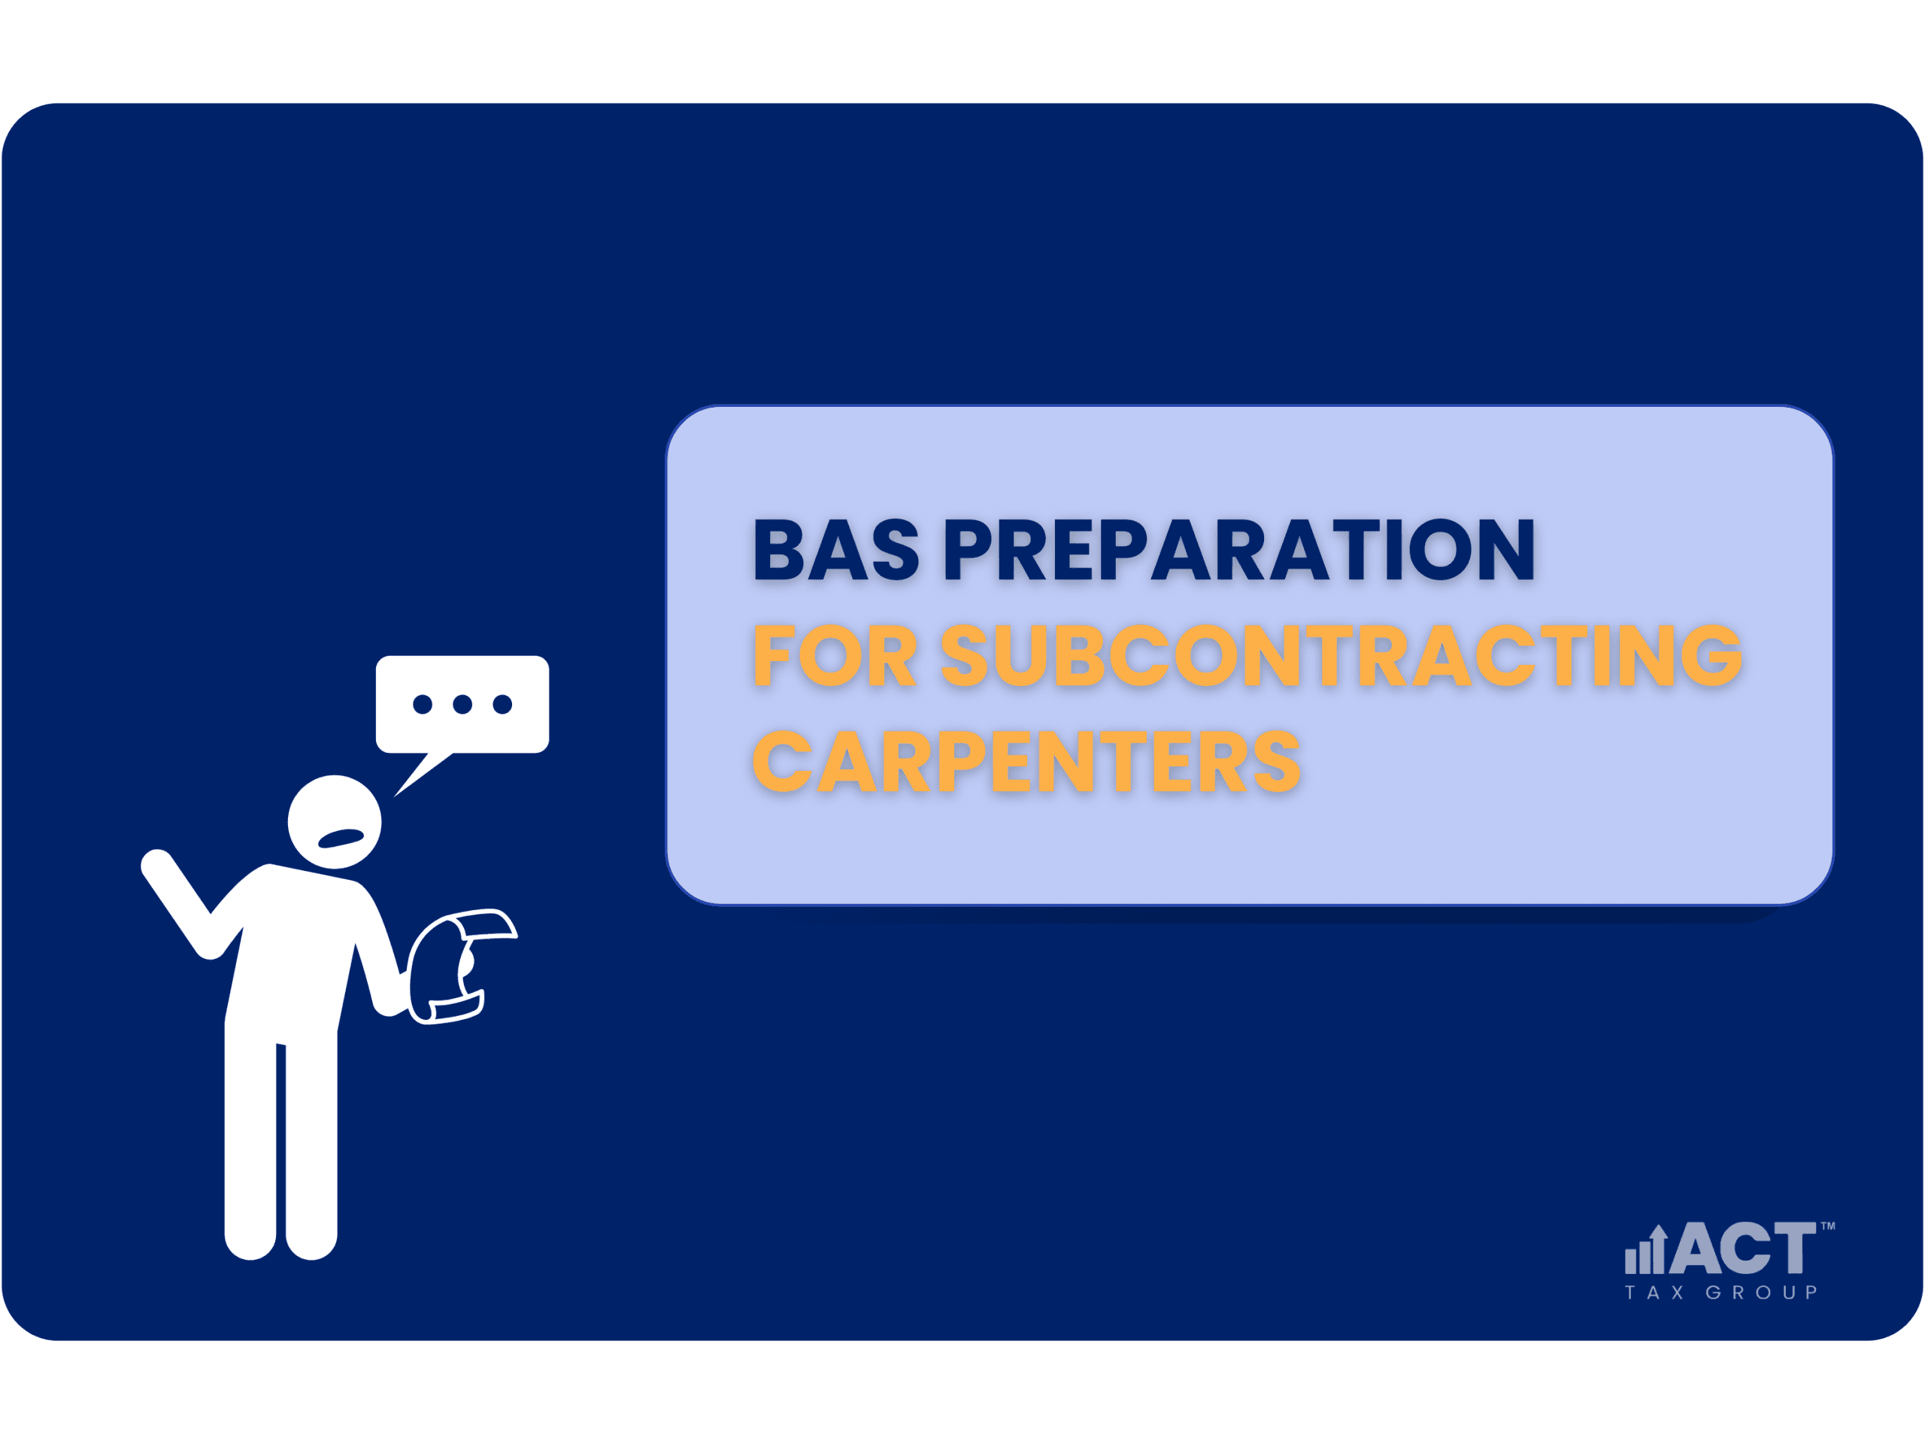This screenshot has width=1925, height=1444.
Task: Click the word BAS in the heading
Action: pos(836,549)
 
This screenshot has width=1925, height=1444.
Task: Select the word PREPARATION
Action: pos(1240,549)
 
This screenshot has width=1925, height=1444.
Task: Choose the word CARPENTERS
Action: pos(1027,761)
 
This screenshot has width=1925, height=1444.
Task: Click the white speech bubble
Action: pos(462,705)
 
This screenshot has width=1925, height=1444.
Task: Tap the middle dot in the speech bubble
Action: pos(462,704)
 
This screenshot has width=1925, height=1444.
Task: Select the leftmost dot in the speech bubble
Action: pos(423,704)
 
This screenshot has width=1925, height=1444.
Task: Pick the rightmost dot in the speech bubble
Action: pos(502,704)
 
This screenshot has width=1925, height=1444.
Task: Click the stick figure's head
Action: pos(334,822)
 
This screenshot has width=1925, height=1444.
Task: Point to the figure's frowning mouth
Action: pos(341,839)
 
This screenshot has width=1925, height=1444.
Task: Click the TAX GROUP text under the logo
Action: pos(1721,1293)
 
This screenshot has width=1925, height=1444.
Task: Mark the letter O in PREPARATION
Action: pos(1440,549)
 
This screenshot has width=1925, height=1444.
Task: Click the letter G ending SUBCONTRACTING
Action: pos(1711,655)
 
